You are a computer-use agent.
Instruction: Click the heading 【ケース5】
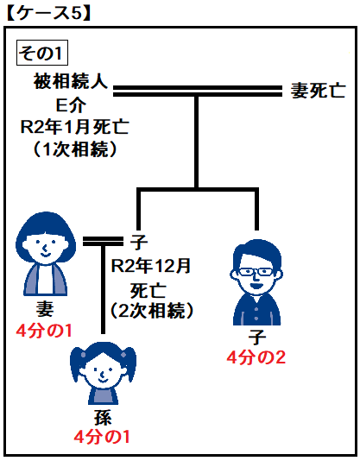[47, 13]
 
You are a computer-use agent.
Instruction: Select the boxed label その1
[42, 53]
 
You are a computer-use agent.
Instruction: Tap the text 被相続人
[71, 81]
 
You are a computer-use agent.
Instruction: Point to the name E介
[71, 105]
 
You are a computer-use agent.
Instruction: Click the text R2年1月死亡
[75, 127]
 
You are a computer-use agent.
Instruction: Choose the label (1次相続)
[75, 149]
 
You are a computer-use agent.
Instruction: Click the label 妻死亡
[318, 90]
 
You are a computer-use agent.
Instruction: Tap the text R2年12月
[151, 266]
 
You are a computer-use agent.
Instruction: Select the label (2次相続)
[152, 310]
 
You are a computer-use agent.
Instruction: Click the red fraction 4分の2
[256, 357]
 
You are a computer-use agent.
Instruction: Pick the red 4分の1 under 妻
[44, 331]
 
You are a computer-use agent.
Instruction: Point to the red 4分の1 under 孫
[102, 437]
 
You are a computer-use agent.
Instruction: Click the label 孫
[103, 418]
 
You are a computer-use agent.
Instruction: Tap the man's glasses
[256, 271]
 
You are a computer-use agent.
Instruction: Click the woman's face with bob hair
[45, 245]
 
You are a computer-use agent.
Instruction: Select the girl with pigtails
[103, 374]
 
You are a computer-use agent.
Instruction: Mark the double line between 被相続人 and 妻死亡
[198, 92]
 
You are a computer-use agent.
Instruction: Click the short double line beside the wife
[103, 241]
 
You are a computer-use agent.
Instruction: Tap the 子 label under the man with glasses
[256, 337]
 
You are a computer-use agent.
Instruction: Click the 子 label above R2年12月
[139, 242]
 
